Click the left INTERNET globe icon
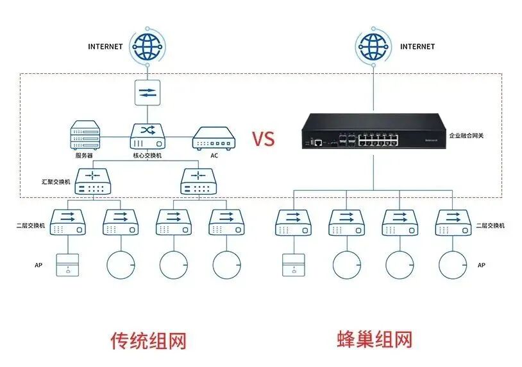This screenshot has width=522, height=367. pyautogui.click(x=147, y=46)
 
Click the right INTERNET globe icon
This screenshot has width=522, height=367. pyautogui.click(x=373, y=46)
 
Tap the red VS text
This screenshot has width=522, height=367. pyautogui.click(x=263, y=139)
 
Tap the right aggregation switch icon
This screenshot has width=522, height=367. pyautogui.click(x=199, y=181)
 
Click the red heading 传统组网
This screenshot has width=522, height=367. pyautogui.click(x=148, y=340)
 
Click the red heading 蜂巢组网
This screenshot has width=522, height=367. pyautogui.click(x=375, y=339)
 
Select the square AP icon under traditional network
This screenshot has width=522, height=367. pyautogui.click(x=67, y=265)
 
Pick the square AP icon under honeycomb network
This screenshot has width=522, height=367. pyautogui.click(x=294, y=265)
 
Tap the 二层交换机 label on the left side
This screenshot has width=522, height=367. pyautogui.click(x=31, y=226)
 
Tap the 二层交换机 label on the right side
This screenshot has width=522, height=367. pyautogui.click(x=491, y=226)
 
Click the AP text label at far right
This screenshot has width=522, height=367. pyautogui.click(x=482, y=265)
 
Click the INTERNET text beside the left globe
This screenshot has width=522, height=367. pyautogui.click(x=105, y=46)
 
